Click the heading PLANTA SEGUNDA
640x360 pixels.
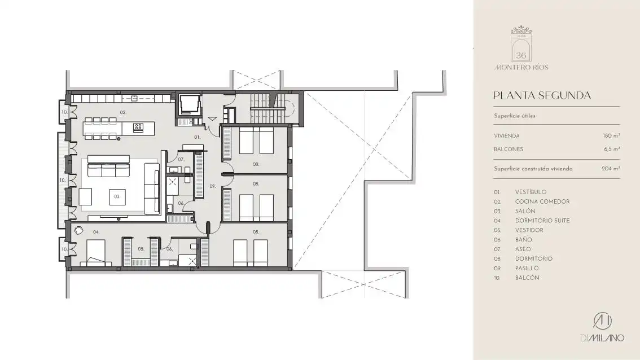542,95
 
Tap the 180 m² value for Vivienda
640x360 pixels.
611,136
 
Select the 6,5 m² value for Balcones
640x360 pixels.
612,150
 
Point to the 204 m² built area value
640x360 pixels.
611,169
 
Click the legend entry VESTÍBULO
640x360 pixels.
531,192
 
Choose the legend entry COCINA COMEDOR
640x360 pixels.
542,201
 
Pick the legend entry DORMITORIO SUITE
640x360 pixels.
542,221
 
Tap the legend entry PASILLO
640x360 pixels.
527,268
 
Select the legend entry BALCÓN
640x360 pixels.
527,278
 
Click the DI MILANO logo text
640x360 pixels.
602,338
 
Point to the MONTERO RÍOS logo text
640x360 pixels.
521,67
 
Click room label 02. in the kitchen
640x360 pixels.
123,112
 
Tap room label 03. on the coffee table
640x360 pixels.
117,197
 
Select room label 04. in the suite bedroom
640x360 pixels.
96,232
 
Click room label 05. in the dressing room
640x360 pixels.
141,249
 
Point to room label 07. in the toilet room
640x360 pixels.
181,159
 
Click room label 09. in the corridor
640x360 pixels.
212,186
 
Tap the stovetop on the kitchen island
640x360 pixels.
138,128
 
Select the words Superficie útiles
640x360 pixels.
515,116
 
